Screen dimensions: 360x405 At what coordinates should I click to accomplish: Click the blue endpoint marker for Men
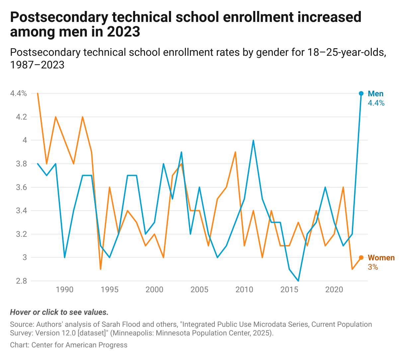tap(361, 93)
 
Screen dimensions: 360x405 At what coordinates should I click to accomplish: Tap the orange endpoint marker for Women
tap(361, 257)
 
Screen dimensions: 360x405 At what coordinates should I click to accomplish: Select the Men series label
tap(375, 94)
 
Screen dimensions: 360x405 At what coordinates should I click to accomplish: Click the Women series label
tap(381, 258)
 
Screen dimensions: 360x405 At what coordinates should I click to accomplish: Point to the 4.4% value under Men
tap(376, 103)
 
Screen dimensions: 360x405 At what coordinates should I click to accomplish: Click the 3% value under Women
tap(373, 267)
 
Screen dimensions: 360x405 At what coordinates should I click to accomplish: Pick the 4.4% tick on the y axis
tap(18, 93)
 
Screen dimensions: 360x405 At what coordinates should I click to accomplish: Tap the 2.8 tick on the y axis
tap(21, 281)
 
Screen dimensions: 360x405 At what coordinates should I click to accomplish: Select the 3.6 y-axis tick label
tap(21, 187)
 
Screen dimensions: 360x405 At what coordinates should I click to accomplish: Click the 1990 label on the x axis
tap(64, 290)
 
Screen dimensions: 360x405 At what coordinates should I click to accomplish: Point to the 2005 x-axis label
tap(200, 290)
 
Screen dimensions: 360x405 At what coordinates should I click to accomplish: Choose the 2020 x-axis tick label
tap(334, 290)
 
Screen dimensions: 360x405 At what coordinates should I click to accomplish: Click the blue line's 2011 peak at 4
tap(253, 140)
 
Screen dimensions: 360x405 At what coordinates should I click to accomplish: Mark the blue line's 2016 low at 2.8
tap(298, 281)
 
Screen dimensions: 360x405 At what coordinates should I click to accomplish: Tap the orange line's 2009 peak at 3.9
tap(235, 152)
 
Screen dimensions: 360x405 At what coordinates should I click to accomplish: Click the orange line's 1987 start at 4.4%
tap(38, 93)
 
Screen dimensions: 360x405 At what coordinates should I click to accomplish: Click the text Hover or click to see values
tap(59, 312)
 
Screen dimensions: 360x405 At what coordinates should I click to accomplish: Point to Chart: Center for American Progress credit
tap(68, 345)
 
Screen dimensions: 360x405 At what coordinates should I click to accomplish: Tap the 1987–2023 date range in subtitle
tap(37, 64)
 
